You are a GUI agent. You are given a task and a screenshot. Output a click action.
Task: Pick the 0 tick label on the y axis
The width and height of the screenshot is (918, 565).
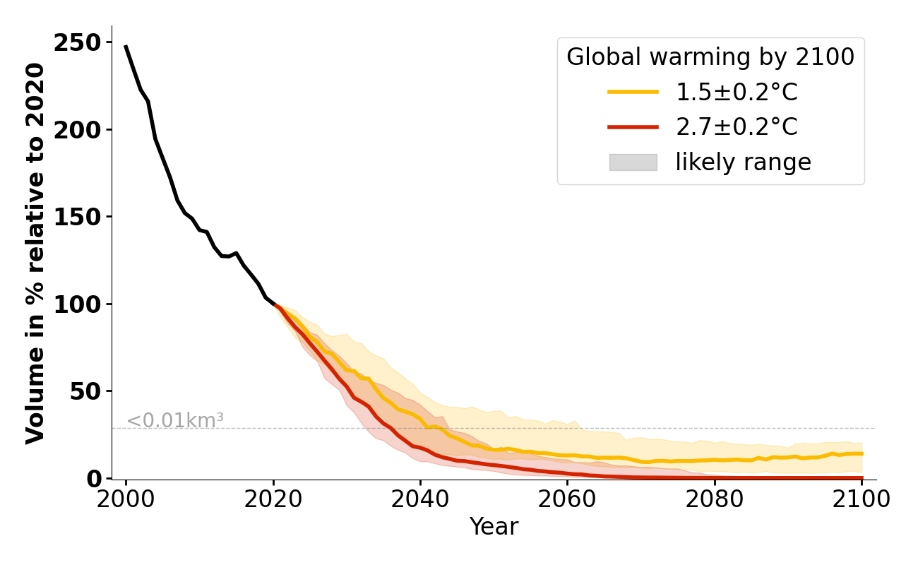(x=95, y=479)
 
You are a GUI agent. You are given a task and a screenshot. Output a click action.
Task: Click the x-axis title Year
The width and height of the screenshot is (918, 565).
(x=494, y=527)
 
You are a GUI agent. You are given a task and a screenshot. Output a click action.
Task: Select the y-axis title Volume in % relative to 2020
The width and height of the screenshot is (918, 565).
(x=35, y=253)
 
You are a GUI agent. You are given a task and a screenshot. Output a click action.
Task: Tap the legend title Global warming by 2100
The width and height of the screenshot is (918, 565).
(x=710, y=57)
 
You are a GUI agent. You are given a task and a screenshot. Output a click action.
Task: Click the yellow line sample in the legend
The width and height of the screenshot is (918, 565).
(x=633, y=92)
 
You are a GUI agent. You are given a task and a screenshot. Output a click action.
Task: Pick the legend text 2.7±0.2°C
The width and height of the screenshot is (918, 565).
(x=737, y=127)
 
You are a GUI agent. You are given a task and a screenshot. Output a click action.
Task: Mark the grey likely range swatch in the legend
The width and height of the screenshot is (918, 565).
(x=633, y=162)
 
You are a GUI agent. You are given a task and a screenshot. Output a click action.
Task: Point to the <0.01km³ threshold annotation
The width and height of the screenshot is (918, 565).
(x=175, y=420)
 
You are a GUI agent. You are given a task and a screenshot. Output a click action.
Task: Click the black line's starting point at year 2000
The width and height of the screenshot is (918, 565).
(x=126, y=47)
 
